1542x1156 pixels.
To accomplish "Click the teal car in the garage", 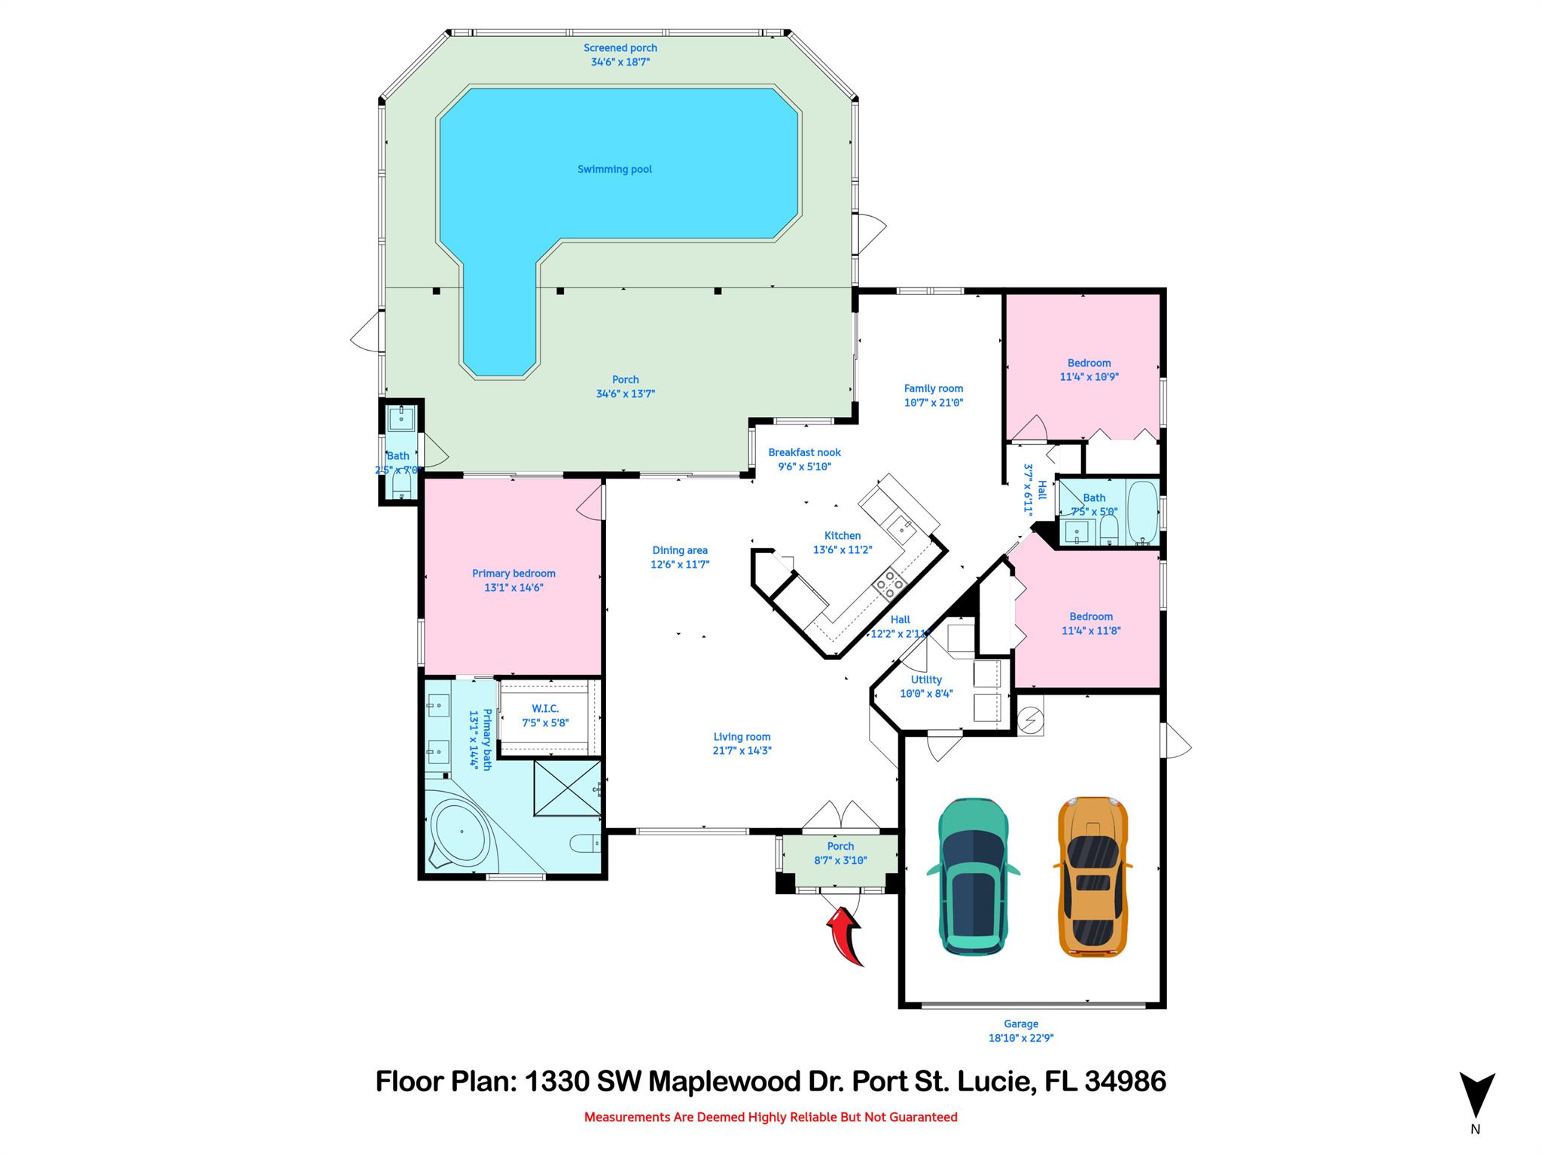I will (x=973, y=876).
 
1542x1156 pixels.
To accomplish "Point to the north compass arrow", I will (x=1476, y=1095).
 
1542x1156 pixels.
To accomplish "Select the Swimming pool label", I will (x=614, y=169).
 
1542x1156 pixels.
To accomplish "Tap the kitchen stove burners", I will (x=889, y=584).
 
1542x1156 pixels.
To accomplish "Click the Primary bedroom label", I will (x=513, y=573).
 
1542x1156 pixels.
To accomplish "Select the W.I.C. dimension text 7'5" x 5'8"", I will (x=545, y=722).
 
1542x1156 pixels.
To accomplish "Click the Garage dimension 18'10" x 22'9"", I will (x=1020, y=1038).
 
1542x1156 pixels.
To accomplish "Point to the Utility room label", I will (x=926, y=680).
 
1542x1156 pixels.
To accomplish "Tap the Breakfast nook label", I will (x=804, y=452).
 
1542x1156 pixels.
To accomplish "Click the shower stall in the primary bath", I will (x=567, y=787).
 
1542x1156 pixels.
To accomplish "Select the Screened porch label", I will (x=620, y=48).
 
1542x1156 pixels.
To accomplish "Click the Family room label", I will (x=934, y=388).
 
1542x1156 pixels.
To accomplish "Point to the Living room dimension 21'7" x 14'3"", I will (x=742, y=750).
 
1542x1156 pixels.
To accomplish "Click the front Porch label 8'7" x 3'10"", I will (x=840, y=846).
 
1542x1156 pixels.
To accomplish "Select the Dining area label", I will (x=680, y=550).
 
